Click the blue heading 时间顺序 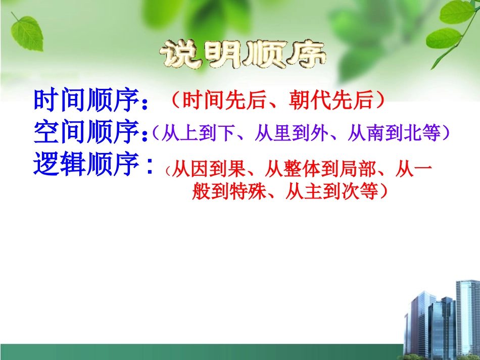pyautogui.click(x=86, y=101)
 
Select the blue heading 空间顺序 pyautogui.click(x=86, y=132)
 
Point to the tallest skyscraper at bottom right pyautogui.click(x=467, y=313)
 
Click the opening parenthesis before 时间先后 pyautogui.click(x=174, y=101)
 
